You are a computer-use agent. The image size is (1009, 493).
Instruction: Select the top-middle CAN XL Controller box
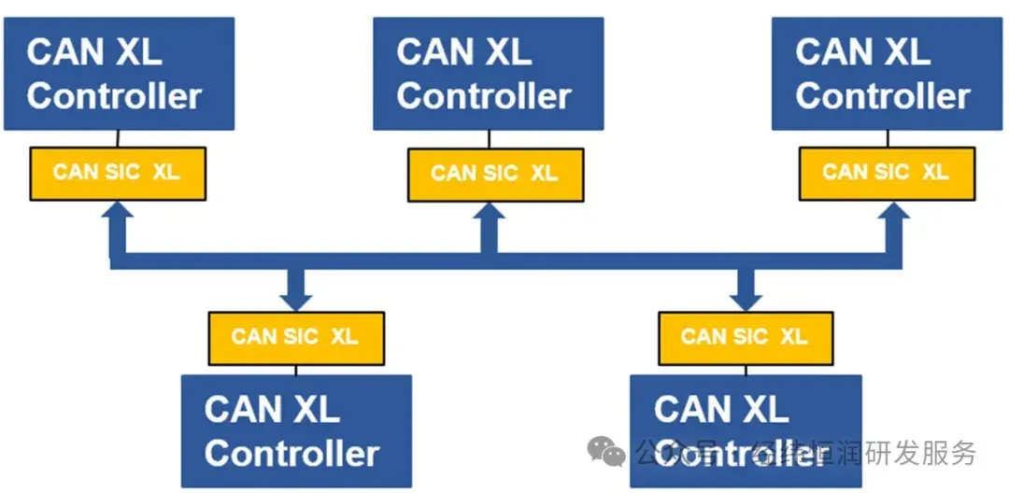(488, 73)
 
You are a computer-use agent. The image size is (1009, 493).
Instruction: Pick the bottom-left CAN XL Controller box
(295, 430)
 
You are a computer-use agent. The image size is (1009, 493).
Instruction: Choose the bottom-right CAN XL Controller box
(745, 430)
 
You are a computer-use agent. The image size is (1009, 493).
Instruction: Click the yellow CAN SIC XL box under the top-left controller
(117, 173)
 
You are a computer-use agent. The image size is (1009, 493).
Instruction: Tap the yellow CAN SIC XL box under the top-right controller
(886, 173)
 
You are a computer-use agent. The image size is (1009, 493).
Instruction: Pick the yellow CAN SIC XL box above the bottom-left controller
(295, 337)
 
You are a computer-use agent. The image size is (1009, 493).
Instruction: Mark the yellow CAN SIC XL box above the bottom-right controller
(745, 337)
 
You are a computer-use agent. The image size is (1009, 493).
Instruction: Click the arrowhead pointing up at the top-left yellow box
(118, 212)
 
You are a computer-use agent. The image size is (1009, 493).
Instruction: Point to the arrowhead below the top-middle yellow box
(488, 214)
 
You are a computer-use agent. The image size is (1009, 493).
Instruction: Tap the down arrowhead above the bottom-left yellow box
(296, 298)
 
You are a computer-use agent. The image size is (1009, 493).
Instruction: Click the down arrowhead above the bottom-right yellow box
(745, 298)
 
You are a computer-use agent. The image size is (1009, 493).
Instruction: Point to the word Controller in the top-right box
(883, 96)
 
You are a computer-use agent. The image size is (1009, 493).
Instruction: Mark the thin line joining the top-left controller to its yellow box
(117, 138)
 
